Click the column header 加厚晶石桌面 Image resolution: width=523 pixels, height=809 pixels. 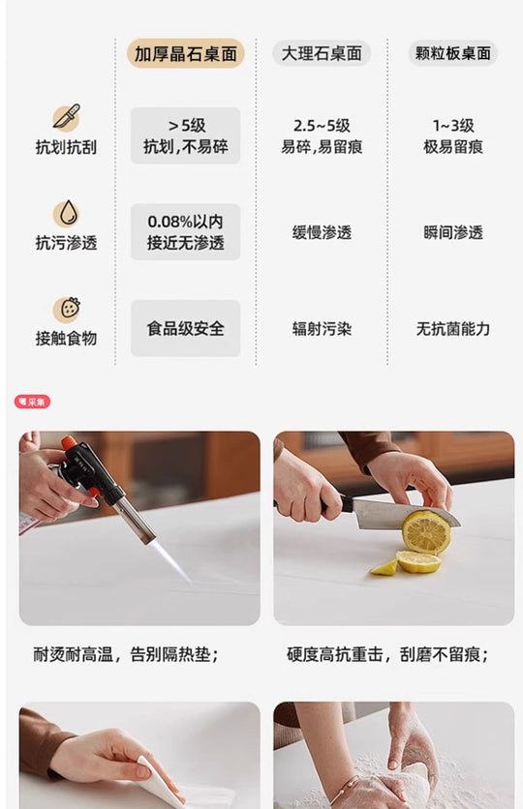click(185, 53)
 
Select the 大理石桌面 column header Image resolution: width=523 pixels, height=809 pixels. click(322, 53)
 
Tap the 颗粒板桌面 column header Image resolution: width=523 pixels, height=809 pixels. click(453, 53)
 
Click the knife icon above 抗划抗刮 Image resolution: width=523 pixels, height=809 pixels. click(67, 117)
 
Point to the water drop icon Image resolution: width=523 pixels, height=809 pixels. click(67, 213)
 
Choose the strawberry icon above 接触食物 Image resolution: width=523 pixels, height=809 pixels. click(67, 309)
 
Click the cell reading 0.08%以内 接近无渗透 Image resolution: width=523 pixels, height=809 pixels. click(185, 232)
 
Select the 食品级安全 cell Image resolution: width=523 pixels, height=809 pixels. click(185, 328)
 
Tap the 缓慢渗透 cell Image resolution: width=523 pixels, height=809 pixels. click(322, 232)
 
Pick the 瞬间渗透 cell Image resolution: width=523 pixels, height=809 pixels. click(453, 232)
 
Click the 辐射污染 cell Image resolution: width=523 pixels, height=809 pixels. click(322, 329)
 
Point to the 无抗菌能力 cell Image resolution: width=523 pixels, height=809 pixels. click(453, 329)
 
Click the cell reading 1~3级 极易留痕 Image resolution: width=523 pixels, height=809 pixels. click(453, 136)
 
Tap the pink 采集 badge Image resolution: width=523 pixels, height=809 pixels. click(32, 402)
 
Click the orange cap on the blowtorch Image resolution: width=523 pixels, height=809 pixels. click(68, 442)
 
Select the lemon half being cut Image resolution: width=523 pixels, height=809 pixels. click(426, 532)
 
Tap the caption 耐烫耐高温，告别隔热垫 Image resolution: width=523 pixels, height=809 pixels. click(126, 655)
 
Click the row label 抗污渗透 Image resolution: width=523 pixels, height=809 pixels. click(66, 243)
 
